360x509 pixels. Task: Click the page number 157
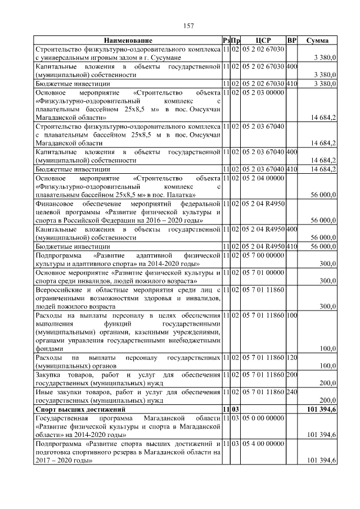pos(188,26)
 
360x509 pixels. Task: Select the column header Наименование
pos(128,41)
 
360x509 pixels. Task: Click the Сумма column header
pos(317,41)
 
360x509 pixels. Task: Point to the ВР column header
pos(291,41)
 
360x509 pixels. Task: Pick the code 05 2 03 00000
pos(264,92)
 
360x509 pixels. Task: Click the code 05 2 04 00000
pos(264,178)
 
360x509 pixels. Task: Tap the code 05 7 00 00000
pos(264,255)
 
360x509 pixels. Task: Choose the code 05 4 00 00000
pos(264,444)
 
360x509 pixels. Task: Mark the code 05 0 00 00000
pos(264,419)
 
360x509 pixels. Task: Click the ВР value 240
pos(291,393)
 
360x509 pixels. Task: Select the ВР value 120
pos(291,358)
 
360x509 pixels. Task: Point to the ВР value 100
pos(291,316)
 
